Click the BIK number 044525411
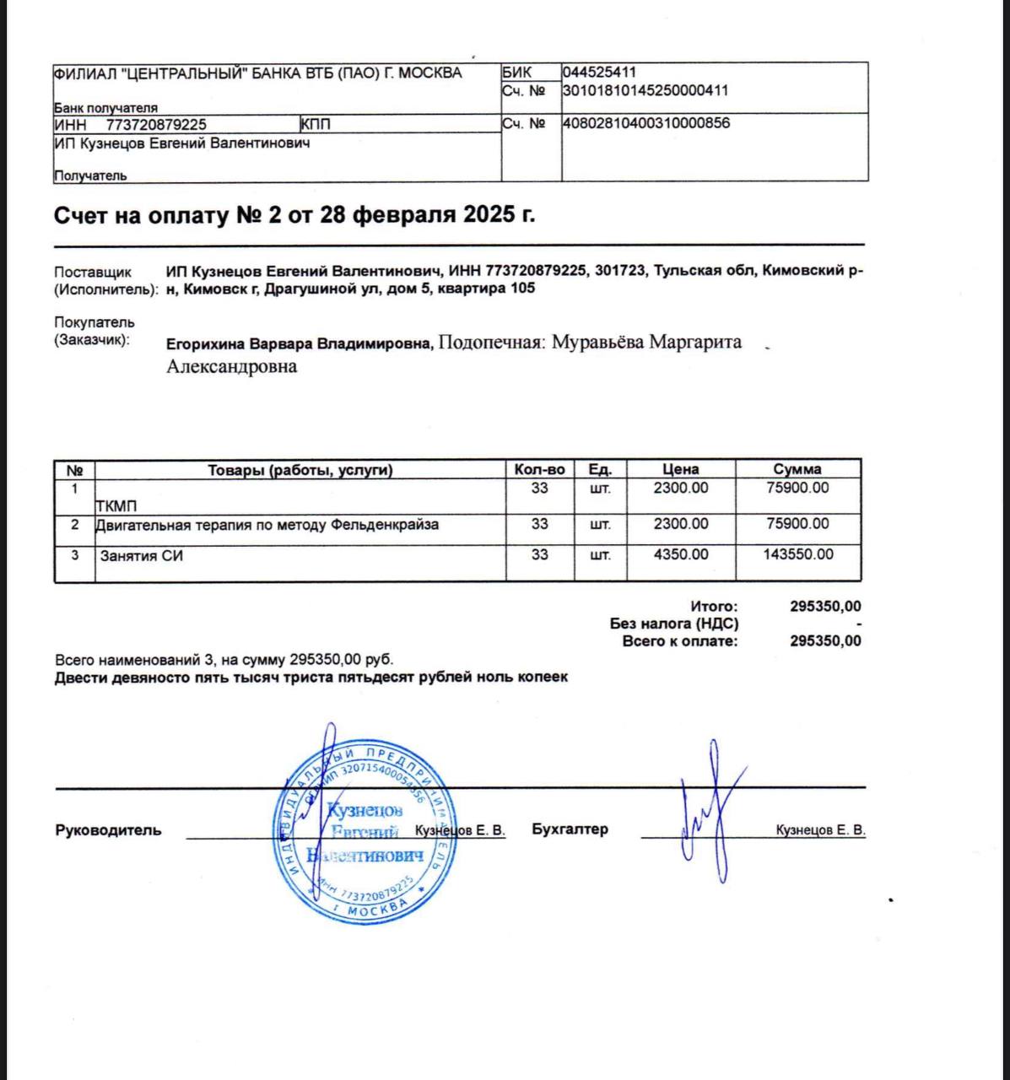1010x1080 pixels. (x=599, y=73)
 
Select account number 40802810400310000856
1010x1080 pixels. (x=645, y=123)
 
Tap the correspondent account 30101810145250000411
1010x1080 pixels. (x=645, y=90)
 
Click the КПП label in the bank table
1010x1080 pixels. (x=316, y=124)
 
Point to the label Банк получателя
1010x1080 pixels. (x=106, y=108)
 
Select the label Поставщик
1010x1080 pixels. (x=93, y=272)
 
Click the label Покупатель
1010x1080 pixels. (x=95, y=322)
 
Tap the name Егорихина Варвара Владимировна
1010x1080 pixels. (x=299, y=344)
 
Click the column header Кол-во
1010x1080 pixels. (x=539, y=470)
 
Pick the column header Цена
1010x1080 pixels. (x=680, y=470)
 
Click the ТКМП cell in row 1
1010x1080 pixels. (x=116, y=506)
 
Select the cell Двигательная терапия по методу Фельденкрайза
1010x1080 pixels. (x=267, y=525)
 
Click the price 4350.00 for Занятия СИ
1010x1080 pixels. (x=681, y=555)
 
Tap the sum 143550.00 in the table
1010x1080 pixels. (x=797, y=555)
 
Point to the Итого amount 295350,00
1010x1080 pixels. (x=825, y=606)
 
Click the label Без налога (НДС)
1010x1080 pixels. (x=674, y=624)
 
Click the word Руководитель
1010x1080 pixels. (x=108, y=830)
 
